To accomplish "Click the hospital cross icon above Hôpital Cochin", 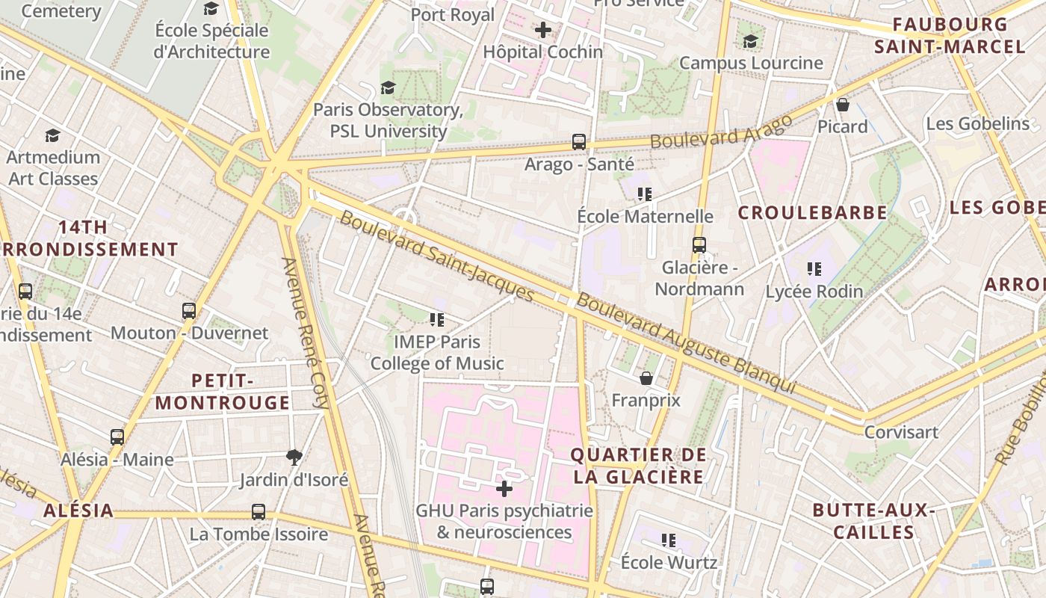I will coord(543,31).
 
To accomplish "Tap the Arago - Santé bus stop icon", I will coord(578,141).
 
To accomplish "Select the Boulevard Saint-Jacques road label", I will coord(437,256).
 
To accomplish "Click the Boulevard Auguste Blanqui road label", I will coord(686,344).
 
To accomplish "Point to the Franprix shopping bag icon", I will coord(646,378).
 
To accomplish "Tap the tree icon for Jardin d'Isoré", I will coord(294,457).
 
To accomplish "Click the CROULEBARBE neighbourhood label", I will coord(813,213).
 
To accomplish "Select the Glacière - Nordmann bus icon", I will coord(699,244).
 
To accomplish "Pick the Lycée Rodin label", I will coord(814,292).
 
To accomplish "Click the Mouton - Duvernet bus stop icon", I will coord(189,310).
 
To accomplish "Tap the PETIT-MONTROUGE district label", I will coord(223,392).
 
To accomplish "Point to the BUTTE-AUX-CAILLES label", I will coord(874,521).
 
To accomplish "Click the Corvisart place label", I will coord(900,432).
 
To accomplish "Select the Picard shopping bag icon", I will coord(843,105).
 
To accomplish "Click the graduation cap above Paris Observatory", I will coord(388,88).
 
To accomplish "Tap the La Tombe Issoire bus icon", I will coord(259,512).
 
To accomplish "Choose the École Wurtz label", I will coord(669,562).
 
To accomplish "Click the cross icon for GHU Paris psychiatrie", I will coord(504,489).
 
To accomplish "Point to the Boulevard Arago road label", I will coord(721,132).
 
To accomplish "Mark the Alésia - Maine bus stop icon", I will coord(117,437).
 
